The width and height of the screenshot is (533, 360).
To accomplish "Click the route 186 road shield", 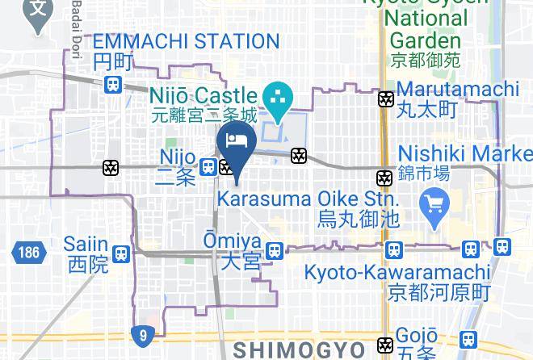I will [27, 253].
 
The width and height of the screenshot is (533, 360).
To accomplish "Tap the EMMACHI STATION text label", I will [186, 41].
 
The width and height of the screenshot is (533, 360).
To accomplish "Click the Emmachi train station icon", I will [113, 83].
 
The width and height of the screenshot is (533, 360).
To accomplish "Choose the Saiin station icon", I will [121, 253].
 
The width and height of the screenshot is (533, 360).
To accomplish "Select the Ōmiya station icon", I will [275, 251].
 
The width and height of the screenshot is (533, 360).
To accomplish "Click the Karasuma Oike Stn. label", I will [307, 199].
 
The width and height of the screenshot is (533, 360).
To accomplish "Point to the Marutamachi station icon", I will [386, 99].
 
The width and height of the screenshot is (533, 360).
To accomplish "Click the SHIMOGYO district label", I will [299, 350].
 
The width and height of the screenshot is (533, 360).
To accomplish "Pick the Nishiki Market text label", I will [465, 153].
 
